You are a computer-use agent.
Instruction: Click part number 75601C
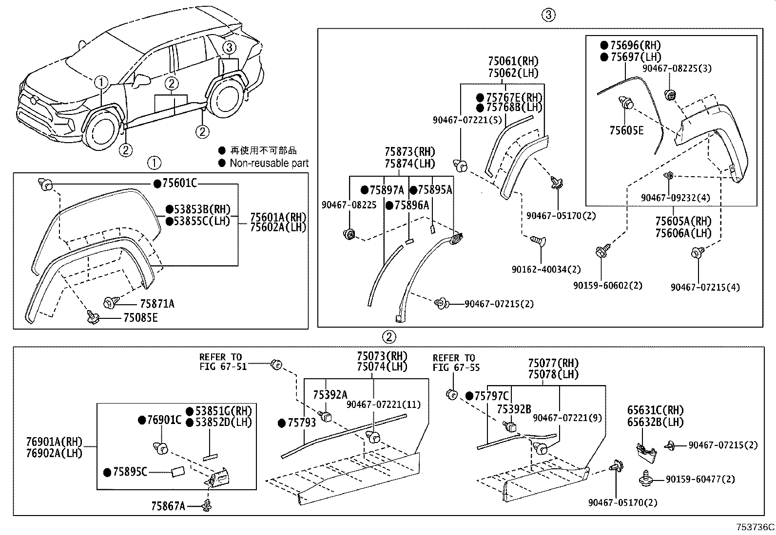click(x=179, y=184)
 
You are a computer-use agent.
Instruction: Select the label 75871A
click(x=156, y=304)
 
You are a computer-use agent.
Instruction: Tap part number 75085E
click(x=140, y=318)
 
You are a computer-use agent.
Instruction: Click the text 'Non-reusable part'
click(x=269, y=164)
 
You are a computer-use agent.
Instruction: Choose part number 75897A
click(x=387, y=190)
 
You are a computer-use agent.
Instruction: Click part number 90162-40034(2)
click(x=546, y=269)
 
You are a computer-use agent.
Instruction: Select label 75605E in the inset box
click(x=626, y=130)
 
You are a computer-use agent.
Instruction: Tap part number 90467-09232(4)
click(x=676, y=198)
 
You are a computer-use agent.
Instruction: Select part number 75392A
click(x=330, y=395)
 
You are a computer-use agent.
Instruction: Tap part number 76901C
click(x=164, y=420)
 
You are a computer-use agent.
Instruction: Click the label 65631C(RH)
click(x=655, y=410)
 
